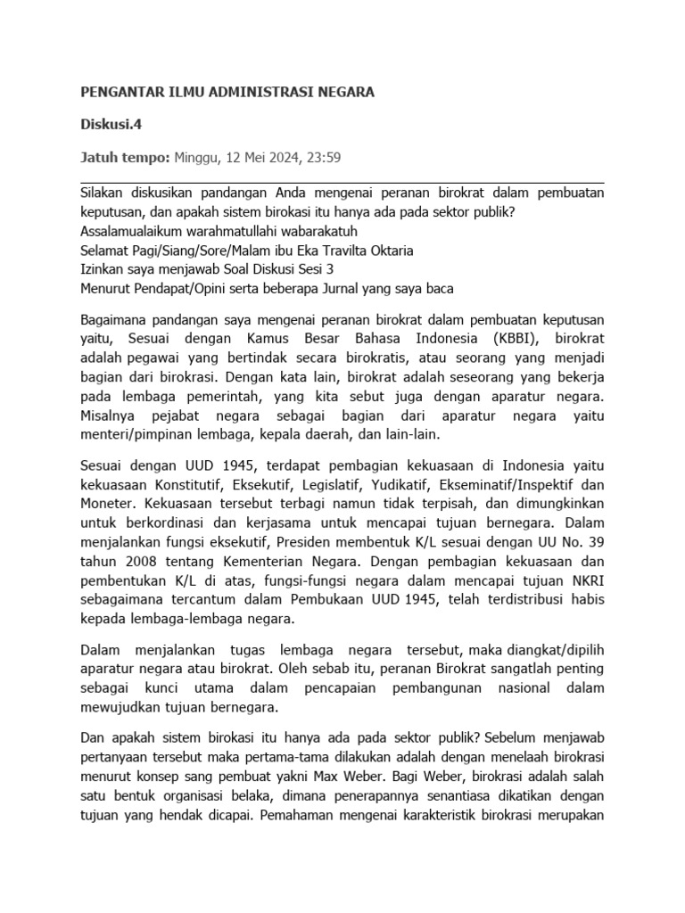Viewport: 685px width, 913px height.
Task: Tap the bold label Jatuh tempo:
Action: click(x=124, y=158)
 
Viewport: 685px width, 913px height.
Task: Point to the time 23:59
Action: click(x=322, y=158)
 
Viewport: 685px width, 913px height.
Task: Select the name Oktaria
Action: click(x=387, y=251)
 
